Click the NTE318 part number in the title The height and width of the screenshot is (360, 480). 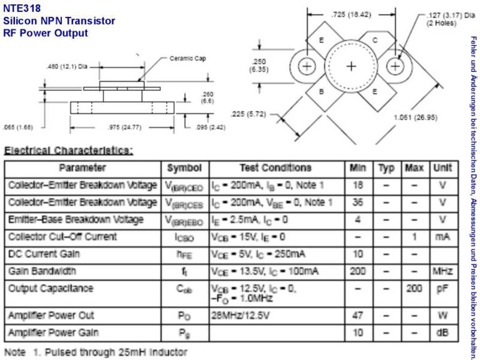(x=22, y=8)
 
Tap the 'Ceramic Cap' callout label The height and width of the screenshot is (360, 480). (x=188, y=58)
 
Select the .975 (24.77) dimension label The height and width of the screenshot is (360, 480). (x=125, y=127)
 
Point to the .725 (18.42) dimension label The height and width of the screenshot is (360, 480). (x=351, y=14)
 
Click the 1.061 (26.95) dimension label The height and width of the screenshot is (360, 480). (x=415, y=117)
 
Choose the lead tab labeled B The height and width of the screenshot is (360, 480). (x=322, y=92)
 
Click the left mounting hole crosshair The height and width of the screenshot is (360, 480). (x=307, y=66)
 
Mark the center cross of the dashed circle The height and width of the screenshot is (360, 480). (x=351, y=66)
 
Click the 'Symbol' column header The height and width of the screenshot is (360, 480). (x=184, y=168)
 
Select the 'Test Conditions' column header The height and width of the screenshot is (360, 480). (x=275, y=167)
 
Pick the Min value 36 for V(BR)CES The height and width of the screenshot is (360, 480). (x=358, y=202)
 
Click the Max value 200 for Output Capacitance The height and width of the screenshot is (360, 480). (x=414, y=289)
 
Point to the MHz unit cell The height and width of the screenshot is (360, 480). (x=442, y=271)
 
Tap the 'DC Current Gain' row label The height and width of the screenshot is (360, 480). (x=44, y=254)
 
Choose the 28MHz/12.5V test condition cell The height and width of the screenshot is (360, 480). (x=241, y=316)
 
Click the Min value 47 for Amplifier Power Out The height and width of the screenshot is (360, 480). (x=358, y=316)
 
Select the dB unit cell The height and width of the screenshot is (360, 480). (x=442, y=332)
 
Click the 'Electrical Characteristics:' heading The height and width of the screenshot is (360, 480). (x=68, y=151)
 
